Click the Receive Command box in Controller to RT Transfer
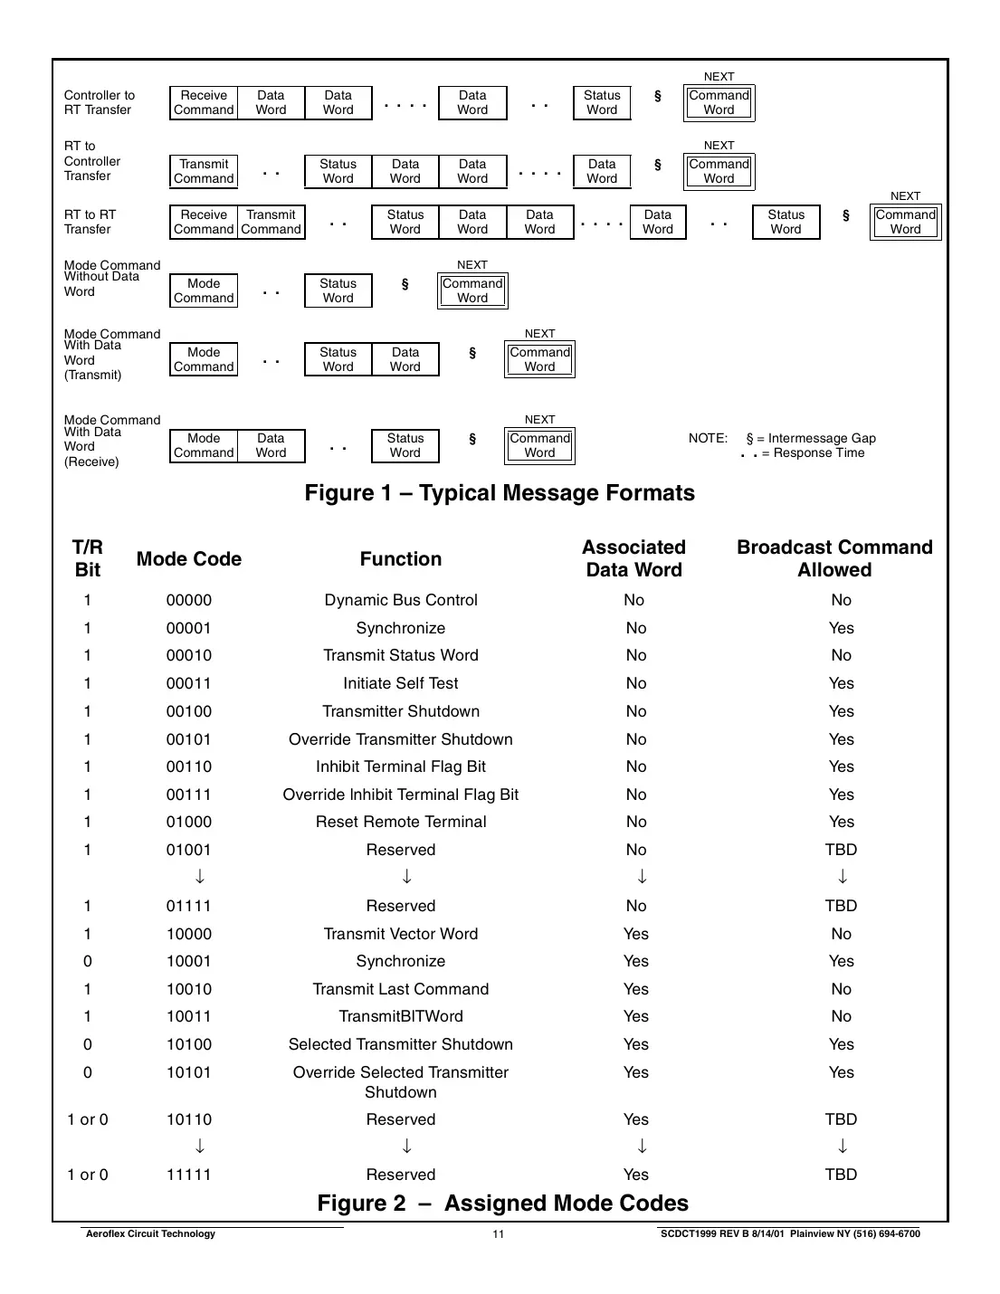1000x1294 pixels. coord(204,103)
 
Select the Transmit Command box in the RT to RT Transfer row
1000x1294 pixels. coord(271,223)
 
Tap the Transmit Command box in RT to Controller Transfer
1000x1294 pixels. coord(204,172)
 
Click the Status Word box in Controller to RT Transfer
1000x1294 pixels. coord(602,103)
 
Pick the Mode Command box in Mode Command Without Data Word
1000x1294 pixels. coord(204,291)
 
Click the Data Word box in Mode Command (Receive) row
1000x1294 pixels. coord(271,446)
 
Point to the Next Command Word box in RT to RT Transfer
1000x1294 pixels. coord(905,223)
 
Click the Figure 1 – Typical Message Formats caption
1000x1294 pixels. coord(500,493)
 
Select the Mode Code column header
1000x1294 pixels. coord(189,559)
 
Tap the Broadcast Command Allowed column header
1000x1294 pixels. coord(834,559)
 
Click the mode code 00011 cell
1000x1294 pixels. coord(189,684)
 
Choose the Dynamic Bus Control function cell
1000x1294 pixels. coord(401,601)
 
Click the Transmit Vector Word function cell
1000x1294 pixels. coord(401,935)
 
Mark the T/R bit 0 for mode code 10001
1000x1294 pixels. coord(88,962)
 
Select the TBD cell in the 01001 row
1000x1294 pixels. coord(841,851)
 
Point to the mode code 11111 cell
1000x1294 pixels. coord(189,1175)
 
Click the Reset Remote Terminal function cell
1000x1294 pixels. coord(401,823)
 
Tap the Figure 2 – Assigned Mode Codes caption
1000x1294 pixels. coord(502,1204)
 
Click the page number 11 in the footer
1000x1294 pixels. coord(499,1234)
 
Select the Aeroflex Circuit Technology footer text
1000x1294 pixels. coord(150,1234)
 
